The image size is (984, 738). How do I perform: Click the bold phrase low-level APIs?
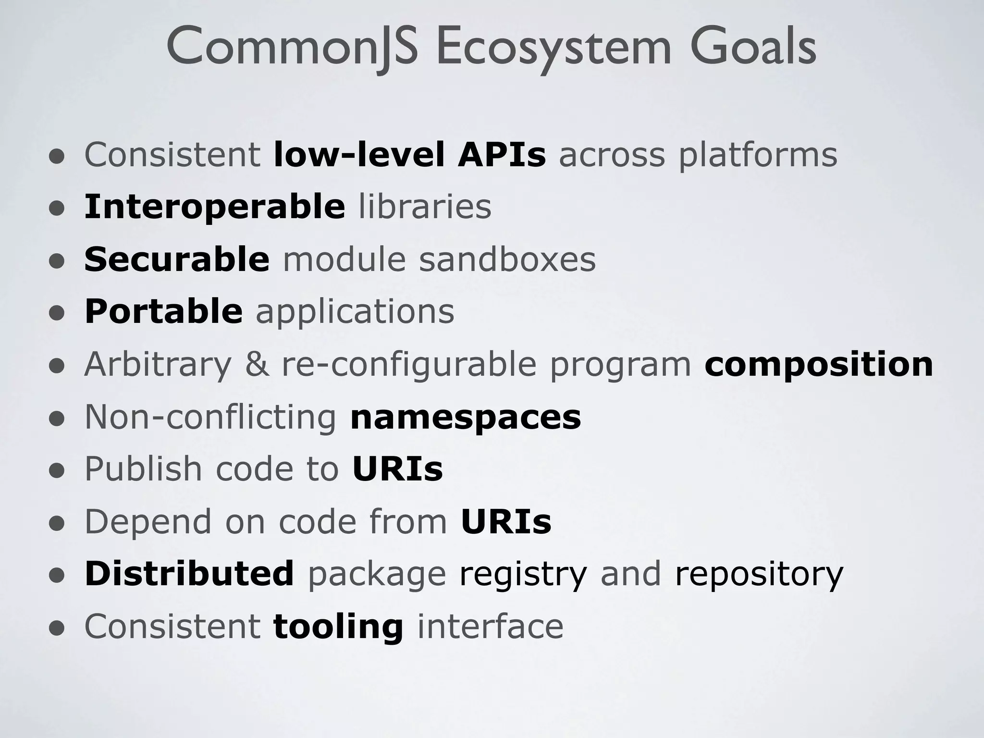coord(409,155)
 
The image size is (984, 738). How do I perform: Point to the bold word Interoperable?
coord(214,207)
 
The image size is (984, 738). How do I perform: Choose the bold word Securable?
coord(177,259)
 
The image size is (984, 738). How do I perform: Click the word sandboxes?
coord(507,259)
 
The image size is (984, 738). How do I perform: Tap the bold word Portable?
coord(163,311)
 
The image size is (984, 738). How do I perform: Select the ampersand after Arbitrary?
coord(257,364)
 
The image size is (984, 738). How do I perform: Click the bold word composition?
coord(819,365)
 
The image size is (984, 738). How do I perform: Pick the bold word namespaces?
coord(466,417)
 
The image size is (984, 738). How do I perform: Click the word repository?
coord(759,574)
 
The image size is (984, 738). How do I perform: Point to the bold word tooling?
coord(338,627)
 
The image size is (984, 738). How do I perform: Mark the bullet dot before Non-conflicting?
coord(57,418)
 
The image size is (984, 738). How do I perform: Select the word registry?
coord(523,574)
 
